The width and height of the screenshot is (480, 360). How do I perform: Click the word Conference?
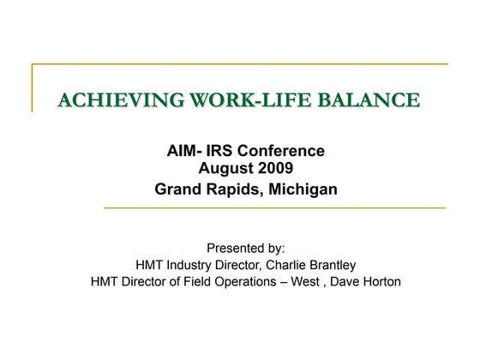click(x=283, y=151)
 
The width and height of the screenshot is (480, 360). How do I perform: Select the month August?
click(x=226, y=169)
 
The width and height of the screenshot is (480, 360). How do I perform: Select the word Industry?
click(x=201, y=265)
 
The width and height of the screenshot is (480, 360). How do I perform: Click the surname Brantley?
click(x=332, y=265)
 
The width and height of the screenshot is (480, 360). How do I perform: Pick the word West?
click(x=330, y=281)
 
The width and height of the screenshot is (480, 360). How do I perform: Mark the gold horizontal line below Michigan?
click(x=274, y=207)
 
